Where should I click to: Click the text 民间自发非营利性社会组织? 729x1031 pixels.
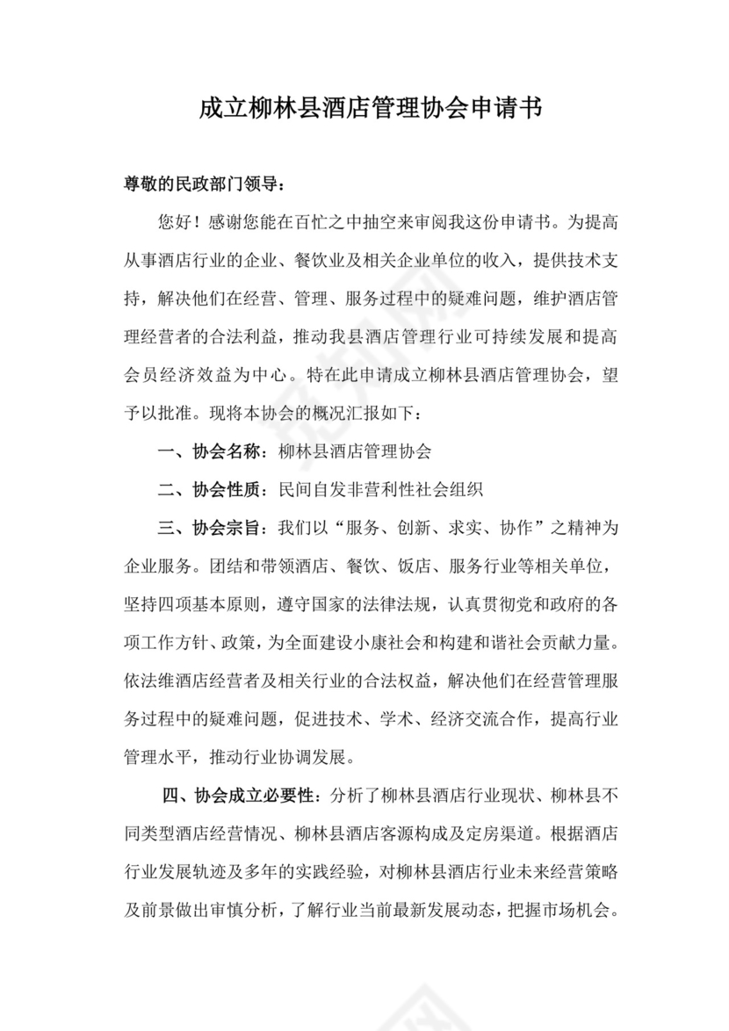click(380, 490)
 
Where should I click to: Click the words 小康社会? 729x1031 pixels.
click(390, 644)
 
